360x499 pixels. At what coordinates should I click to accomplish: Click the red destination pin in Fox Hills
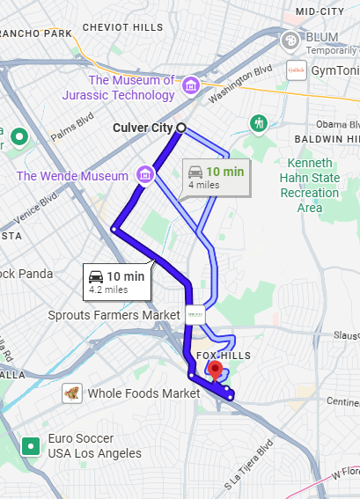click(214, 370)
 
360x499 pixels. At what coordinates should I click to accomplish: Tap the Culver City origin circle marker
click(181, 128)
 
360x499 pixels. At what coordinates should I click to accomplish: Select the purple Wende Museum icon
click(147, 175)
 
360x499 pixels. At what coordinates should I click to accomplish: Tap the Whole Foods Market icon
click(73, 393)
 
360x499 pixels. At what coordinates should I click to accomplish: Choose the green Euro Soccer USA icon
click(32, 446)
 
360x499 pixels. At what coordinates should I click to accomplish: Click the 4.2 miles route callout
click(115, 280)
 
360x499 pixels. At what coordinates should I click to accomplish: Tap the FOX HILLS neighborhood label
click(224, 356)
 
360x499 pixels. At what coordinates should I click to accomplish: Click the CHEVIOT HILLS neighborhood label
click(123, 28)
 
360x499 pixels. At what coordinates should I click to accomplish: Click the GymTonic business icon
click(296, 70)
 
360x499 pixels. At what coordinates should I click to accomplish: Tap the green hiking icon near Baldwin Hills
click(259, 123)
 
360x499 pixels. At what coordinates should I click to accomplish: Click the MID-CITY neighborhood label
click(320, 11)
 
